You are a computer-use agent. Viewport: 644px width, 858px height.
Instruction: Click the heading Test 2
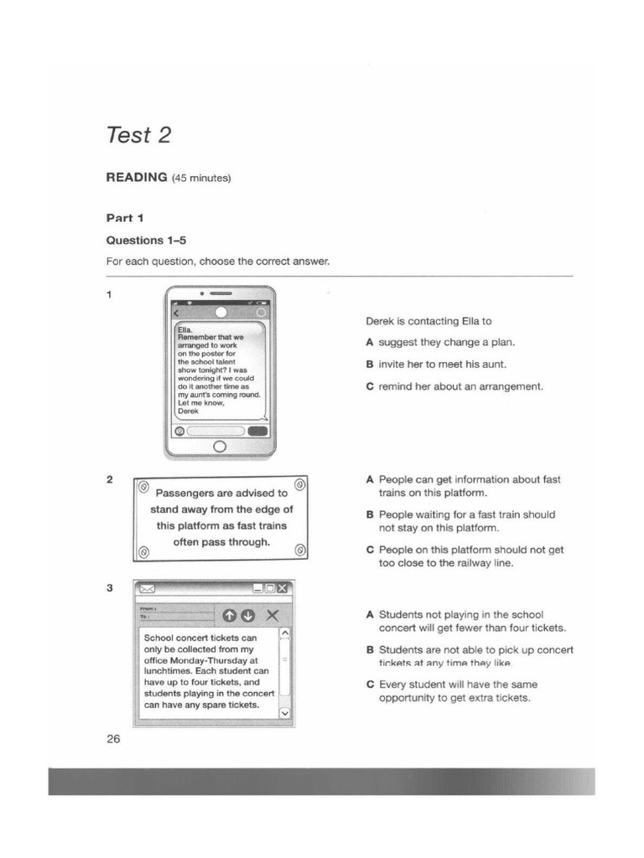click(138, 134)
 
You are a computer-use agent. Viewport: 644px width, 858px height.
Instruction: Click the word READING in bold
click(137, 178)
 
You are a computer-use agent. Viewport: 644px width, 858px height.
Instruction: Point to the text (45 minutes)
click(200, 178)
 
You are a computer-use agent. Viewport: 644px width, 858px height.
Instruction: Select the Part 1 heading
click(125, 218)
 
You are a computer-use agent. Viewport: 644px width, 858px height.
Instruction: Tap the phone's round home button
click(220, 446)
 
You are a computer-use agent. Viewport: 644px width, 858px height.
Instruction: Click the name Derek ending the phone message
click(189, 411)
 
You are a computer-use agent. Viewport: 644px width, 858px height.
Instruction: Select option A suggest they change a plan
click(440, 343)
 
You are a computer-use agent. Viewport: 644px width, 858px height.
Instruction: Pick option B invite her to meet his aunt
click(436, 364)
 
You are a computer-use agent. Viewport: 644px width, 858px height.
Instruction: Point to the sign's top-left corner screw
click(143, 486)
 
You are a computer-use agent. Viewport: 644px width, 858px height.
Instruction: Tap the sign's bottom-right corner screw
click(300, 550)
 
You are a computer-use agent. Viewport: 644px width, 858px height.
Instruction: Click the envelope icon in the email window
click(147, 588)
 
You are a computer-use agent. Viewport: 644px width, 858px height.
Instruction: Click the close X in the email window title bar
click(282, 588)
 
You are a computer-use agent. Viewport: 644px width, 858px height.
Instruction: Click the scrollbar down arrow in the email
click(283, 713)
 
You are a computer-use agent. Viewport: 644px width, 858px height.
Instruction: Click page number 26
click(113, 739)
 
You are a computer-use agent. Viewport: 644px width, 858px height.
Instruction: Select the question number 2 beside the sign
click(110, 480)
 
